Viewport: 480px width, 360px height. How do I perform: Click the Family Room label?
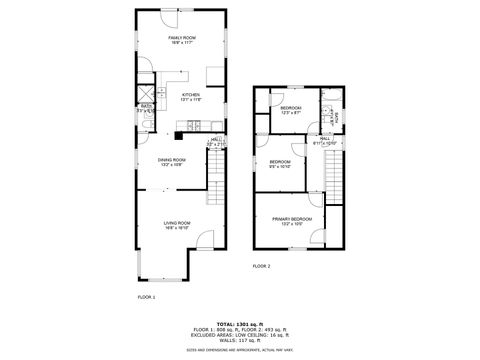pos(181,40)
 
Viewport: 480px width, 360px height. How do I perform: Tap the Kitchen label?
pos(190,97)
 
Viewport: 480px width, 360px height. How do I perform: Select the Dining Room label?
pos(171,162)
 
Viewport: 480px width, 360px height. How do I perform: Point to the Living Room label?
pos(176,225)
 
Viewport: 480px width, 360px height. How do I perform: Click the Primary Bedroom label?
pos(292,220)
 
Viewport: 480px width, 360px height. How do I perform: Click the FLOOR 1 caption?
pos(146,297)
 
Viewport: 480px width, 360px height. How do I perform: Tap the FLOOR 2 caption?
pos(261,266)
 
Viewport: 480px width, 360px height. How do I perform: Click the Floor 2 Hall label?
pos(326,140)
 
